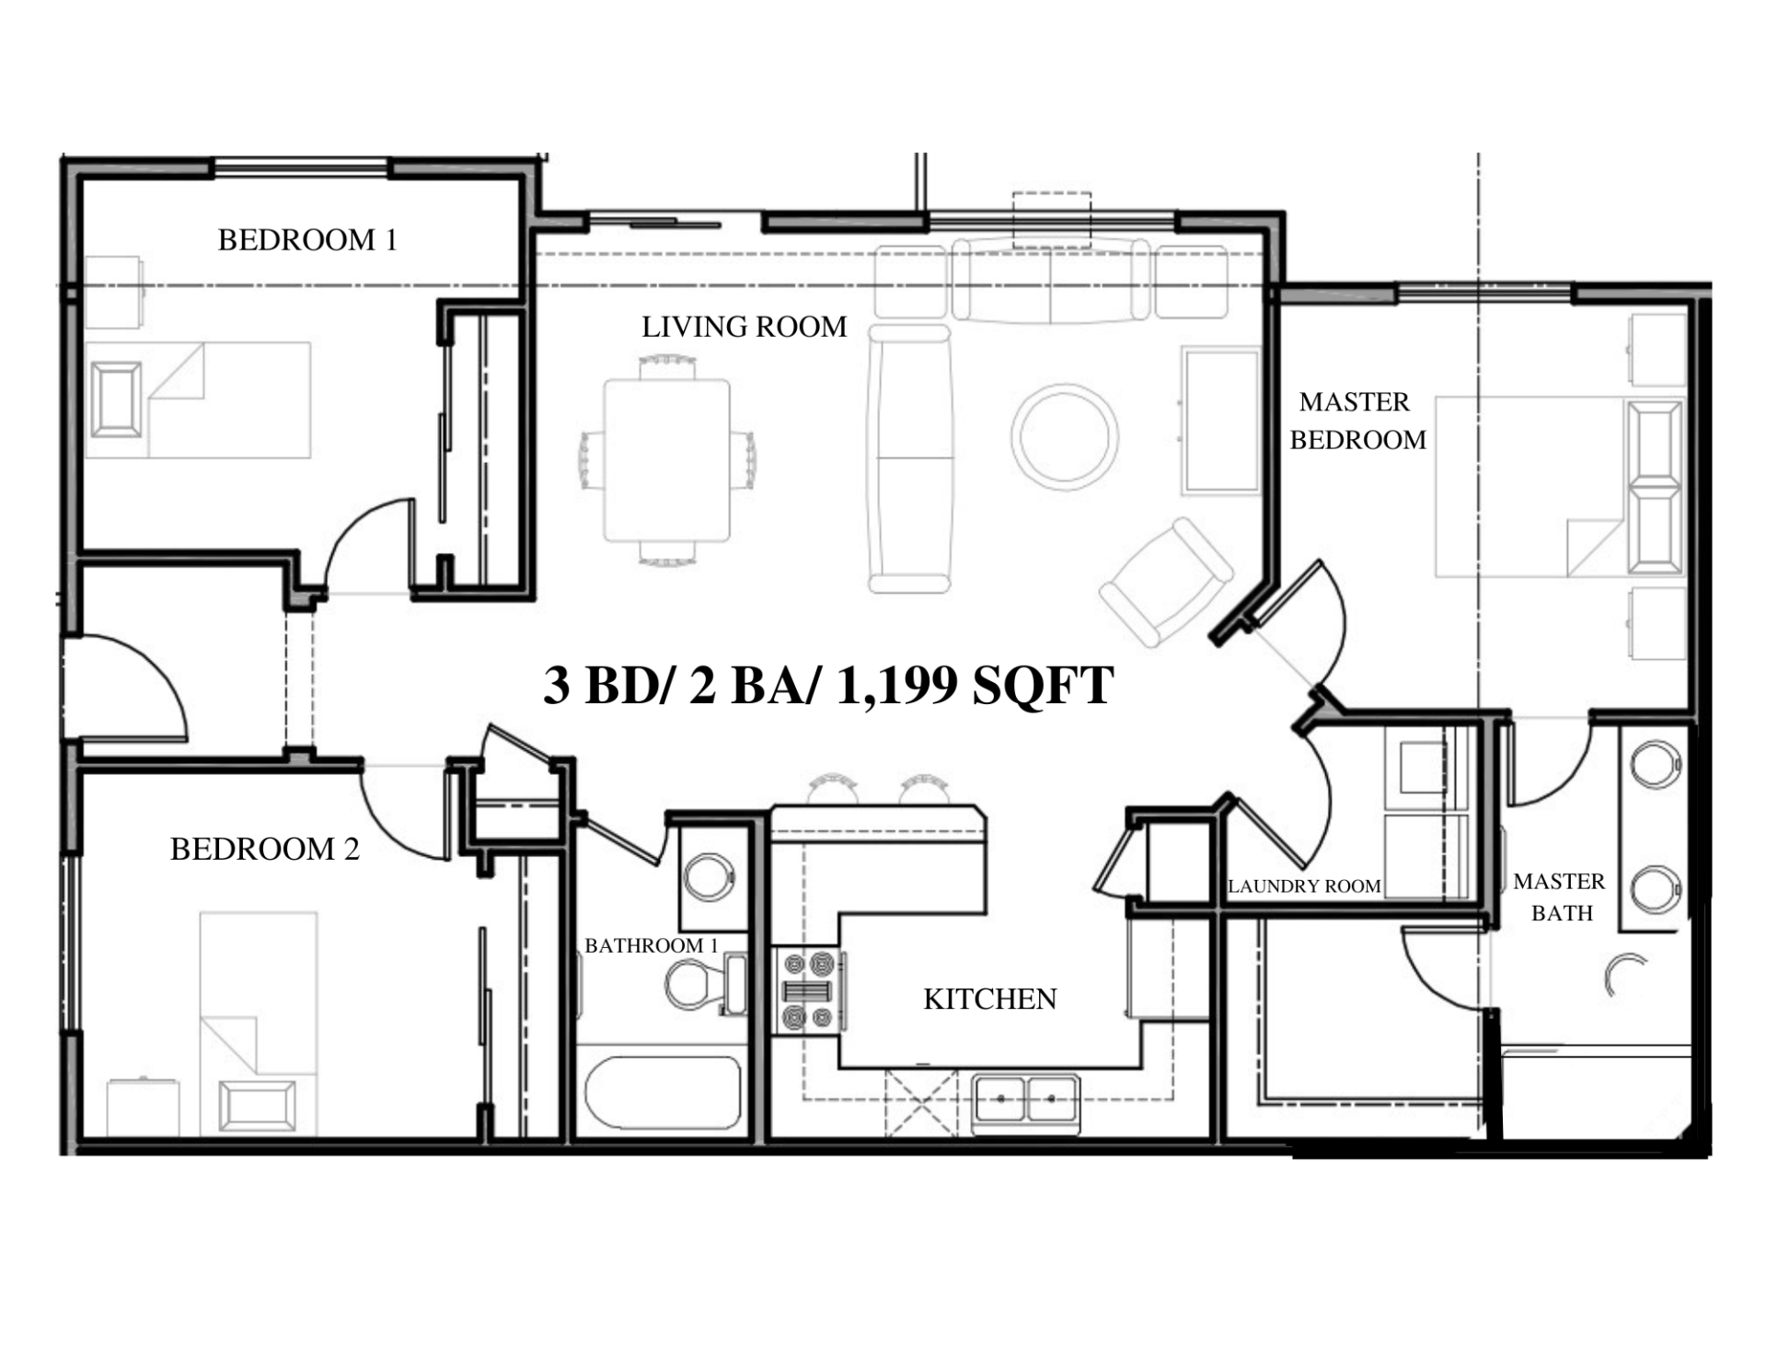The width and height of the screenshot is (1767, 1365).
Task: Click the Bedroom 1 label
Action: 307,240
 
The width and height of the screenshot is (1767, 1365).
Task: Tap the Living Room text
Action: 744,327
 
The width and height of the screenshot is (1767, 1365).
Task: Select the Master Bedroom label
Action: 1357,421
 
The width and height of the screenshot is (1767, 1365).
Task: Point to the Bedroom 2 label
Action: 264,849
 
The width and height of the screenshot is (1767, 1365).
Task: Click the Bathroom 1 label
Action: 651,945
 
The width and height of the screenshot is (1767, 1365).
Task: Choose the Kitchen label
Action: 989,999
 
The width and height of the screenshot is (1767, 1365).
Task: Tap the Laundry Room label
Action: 1304,886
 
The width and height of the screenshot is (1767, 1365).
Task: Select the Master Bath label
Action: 1559,897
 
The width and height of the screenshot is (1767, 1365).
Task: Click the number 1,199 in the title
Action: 897,686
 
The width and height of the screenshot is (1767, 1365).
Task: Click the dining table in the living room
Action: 667,460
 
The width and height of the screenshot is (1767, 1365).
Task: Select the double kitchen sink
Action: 1026,1103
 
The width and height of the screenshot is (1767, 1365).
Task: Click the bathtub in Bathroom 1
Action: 663,1093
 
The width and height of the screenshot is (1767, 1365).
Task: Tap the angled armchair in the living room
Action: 1166,582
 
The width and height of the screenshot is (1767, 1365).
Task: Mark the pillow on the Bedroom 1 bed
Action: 117,399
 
